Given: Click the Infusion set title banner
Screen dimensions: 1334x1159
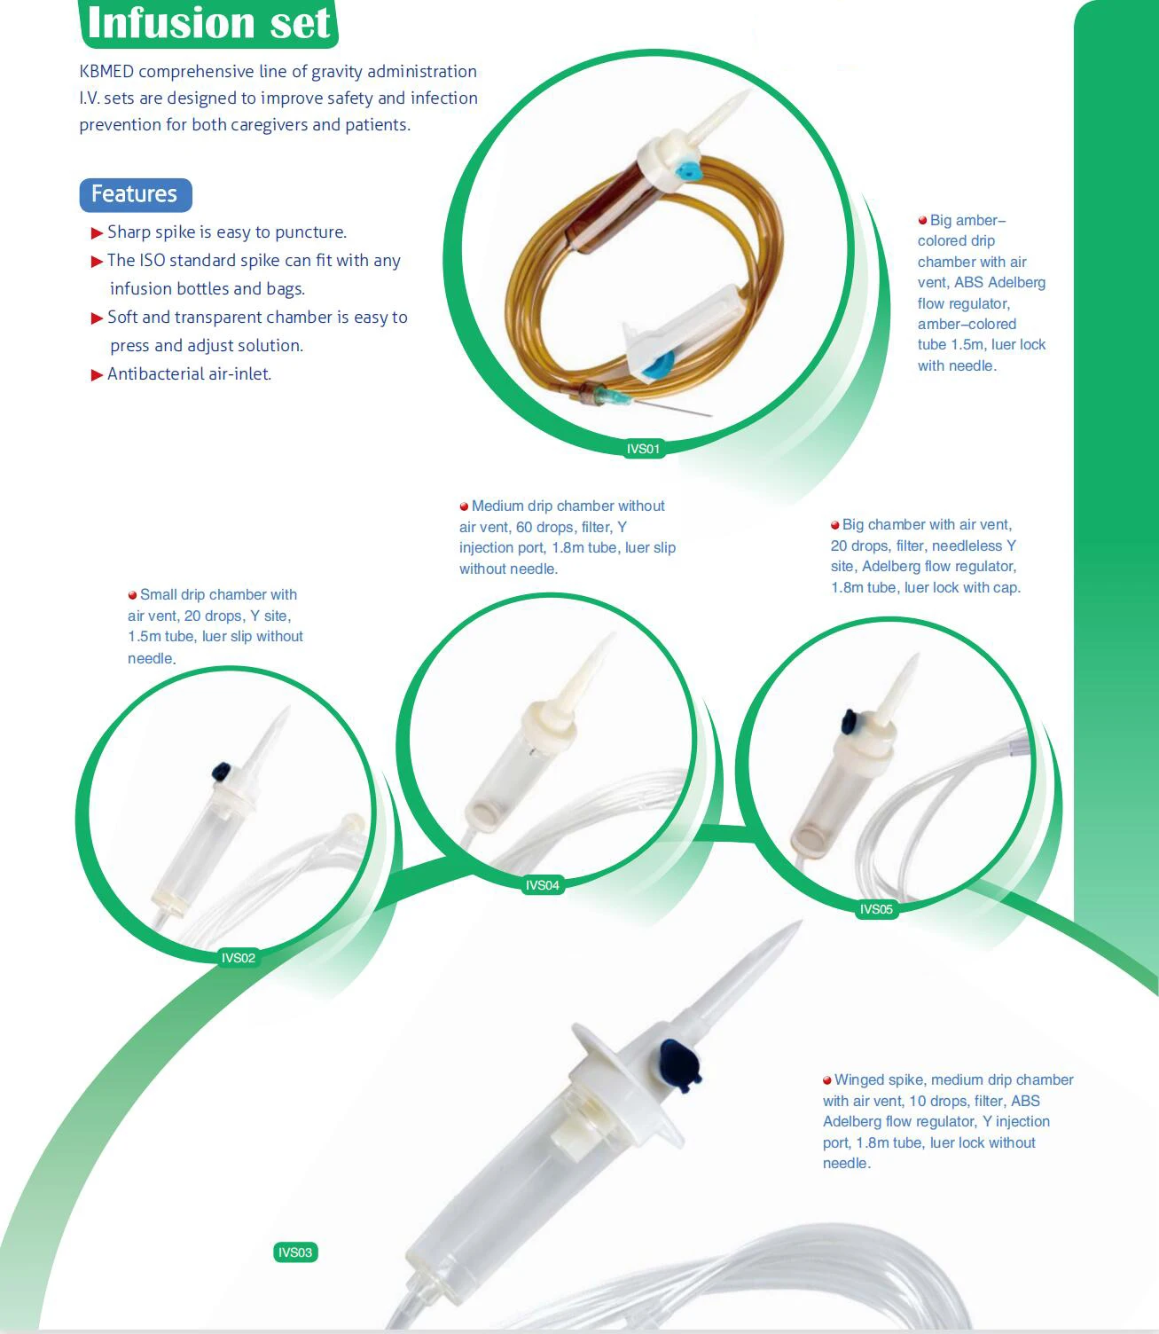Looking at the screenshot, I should [209, 23].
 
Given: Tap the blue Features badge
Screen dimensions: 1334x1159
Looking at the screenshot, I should [135, 194].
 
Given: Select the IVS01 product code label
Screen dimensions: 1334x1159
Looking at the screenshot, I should [643, 449].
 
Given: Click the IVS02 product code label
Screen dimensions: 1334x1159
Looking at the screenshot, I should [238, 958].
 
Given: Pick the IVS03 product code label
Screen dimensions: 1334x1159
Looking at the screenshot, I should [295, 1252].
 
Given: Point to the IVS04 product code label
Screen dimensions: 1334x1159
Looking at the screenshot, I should [542, 885].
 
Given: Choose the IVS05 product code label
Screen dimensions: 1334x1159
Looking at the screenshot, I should [876, 909].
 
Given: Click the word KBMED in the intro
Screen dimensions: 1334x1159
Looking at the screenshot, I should [106, 72].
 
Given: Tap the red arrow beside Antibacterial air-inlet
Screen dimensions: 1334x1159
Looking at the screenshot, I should [97, 375].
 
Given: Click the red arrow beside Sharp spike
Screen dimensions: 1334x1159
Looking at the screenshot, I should [97, 233].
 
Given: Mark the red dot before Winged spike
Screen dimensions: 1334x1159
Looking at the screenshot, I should [827, 1080].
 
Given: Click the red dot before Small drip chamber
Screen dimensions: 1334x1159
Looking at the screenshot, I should [133, 595].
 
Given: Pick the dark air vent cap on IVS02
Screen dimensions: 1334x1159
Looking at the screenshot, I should [220, 771].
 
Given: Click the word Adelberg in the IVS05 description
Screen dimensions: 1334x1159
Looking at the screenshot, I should [893, 566].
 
